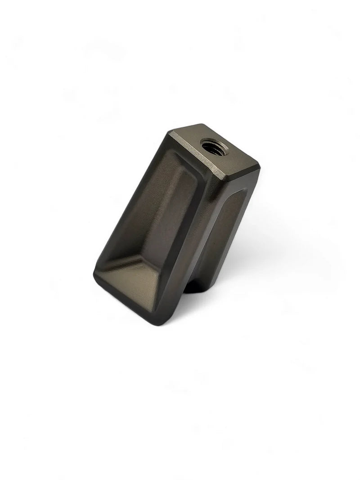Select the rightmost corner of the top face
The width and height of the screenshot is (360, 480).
(x=260, y=167)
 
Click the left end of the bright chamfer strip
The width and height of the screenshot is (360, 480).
(x=172, y=133)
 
